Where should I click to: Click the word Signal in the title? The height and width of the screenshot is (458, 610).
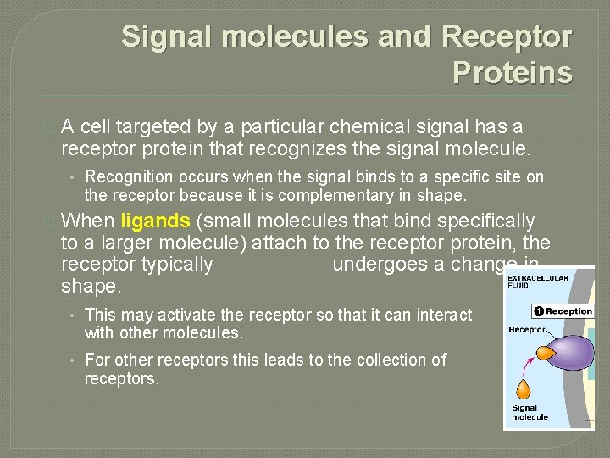pyautogui.click(x=162, y=37)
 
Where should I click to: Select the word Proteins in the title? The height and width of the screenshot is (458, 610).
pyautogui.click(x=512, y=73)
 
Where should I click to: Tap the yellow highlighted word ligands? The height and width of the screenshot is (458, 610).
pyautogui.click(x=156, y=221)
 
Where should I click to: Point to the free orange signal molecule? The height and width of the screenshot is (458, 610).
pyautogui.click(x=524, y=390)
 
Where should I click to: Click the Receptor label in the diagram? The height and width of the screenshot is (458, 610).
pyautogui.click(x=527, y=329)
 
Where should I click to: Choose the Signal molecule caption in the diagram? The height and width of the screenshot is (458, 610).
pyautogui.click(x=530, y=412)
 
